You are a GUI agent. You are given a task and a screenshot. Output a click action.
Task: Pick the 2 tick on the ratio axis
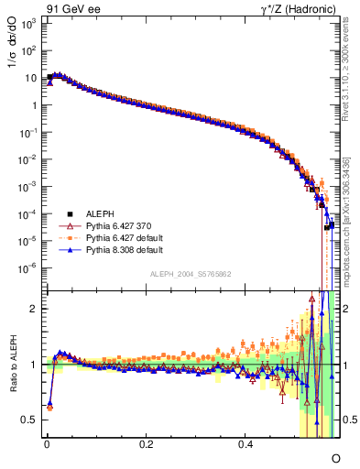[35, 309]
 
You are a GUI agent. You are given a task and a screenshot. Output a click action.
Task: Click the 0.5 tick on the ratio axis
[31, 420]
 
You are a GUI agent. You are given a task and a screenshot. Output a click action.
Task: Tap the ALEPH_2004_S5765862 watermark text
[191, 275]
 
